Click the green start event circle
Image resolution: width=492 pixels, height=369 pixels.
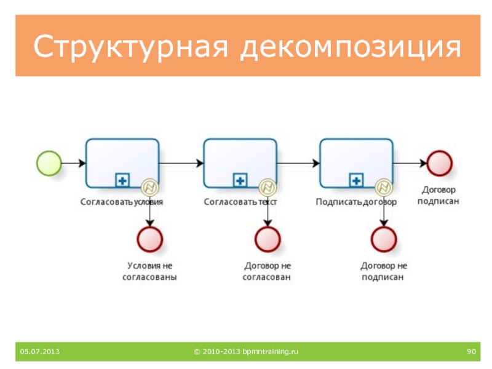click(49, 163)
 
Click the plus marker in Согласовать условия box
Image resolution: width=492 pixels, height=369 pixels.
click(122, 180)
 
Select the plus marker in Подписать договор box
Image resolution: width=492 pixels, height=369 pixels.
click(356, 180)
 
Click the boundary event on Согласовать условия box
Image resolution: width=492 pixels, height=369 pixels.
click(149, 186)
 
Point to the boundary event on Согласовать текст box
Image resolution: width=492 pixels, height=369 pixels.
click(267, 186)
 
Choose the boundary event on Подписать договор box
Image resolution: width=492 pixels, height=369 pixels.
click(384, 186)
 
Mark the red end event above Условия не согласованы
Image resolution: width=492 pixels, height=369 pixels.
click(149, 239)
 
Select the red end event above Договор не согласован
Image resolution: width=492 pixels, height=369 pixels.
click(267, 239)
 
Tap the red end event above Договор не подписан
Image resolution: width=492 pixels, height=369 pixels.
click(384, 239)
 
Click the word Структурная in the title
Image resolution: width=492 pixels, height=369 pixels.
click(130, 48)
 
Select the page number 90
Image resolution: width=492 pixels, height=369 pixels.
click(472, 351)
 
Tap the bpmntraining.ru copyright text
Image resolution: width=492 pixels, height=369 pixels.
click(246, 351)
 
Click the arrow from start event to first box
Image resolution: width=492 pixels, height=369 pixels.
click(73, 163)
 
